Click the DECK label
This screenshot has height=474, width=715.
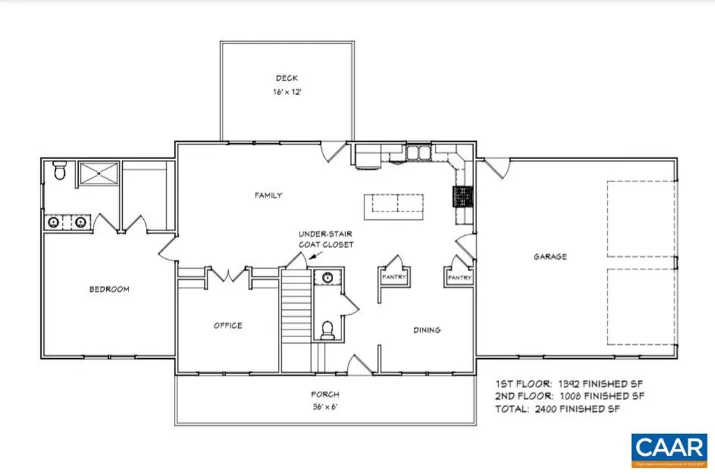pyautogui.click(x=287, y=78)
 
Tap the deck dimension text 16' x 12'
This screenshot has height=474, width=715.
pyautogui.click(x=287, y=91)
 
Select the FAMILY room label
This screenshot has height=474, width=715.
pyautogui.click(x=267, y=195)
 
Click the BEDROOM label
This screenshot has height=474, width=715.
pyautogui.click(x=109, y=289)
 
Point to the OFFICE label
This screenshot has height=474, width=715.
pyautogui.click(x=228, y=325)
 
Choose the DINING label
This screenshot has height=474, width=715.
pyautogui.click(x=427, y=330)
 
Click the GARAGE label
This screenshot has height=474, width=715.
pyautogui.click(x=550, y=256)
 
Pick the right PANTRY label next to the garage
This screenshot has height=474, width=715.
pyautogui.click(x=459, y=277)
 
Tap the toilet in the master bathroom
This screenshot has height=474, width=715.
pyautogui.click(x=59, y=170)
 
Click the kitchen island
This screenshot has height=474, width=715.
pyautogui.click(x=397, y=203)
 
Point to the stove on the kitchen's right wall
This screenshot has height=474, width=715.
pyautogui.click(x=464, y=198)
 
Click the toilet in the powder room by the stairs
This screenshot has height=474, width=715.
pyautogui.click(x=326, y=329)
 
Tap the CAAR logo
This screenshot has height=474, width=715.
pyautogui.click(x=669, y=450)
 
